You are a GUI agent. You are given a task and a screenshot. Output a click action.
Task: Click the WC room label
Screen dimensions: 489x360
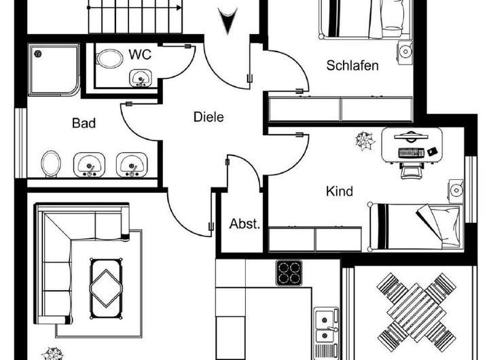tap(140, 55)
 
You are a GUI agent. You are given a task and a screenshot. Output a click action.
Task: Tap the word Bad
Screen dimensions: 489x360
tap(84, 124)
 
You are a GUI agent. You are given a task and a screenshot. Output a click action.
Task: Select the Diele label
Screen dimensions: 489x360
tap(209, 117)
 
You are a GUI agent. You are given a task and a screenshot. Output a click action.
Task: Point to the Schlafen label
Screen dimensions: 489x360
tap(352, 66)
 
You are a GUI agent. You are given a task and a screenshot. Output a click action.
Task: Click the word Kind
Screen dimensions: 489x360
tap(340, 192)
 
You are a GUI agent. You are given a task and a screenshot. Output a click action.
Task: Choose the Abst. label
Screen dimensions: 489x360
tap(244, 224)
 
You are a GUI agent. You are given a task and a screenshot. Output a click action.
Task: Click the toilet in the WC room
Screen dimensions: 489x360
tap(107, 60)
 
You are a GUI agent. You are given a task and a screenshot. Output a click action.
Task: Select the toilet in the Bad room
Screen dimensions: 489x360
tap(51, 164)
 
